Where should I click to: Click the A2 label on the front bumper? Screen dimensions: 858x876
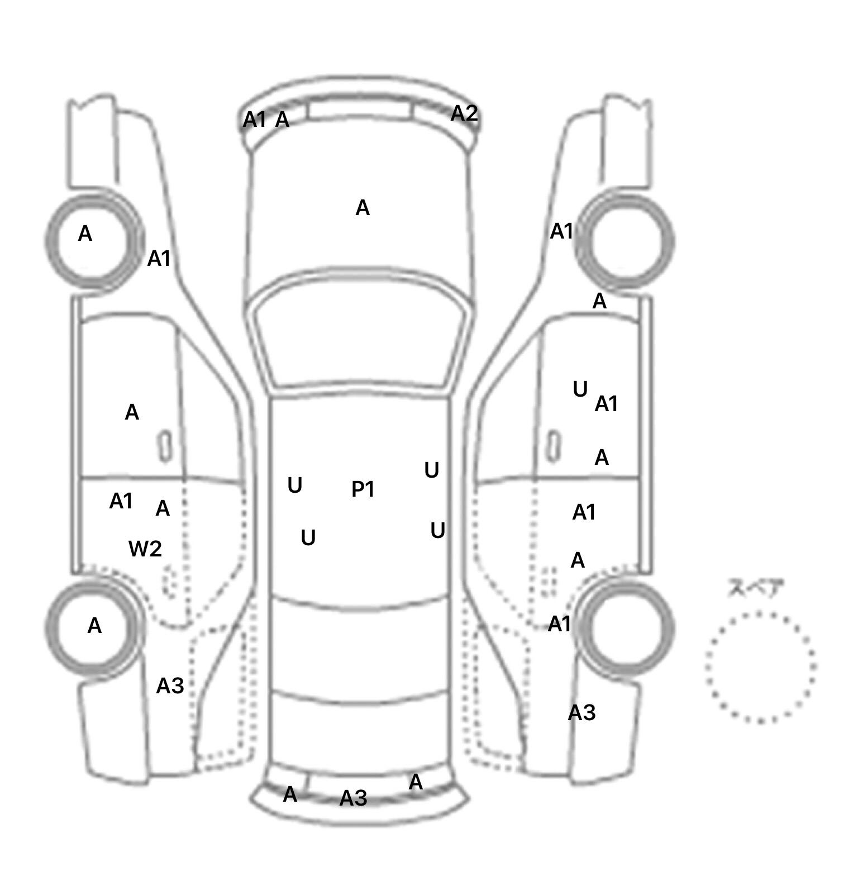tap(464, 113)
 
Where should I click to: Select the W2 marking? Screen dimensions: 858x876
tap(145, 549)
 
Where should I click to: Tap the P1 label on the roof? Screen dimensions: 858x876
tap(363, 489)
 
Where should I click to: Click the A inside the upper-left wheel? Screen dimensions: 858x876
tap(85, 234)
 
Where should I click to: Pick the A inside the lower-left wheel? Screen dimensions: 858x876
tap(94, 626)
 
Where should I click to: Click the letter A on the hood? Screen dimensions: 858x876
tap(363, 208)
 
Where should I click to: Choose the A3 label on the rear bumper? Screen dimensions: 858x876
tap(354, 798)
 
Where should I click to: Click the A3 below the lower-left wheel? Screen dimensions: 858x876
tap(170, 685)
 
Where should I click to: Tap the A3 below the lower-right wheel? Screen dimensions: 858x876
tap(581, 713)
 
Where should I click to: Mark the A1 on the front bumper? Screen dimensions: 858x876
tap(255, 120)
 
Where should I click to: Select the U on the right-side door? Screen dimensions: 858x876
tap(580, 389)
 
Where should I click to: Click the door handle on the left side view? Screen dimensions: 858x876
tap(165, 446)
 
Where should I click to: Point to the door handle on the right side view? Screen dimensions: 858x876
tap(553, 446)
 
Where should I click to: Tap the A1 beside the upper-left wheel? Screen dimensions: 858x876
tap(159, 259)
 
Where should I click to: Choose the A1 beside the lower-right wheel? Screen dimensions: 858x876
tap(560, 624)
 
